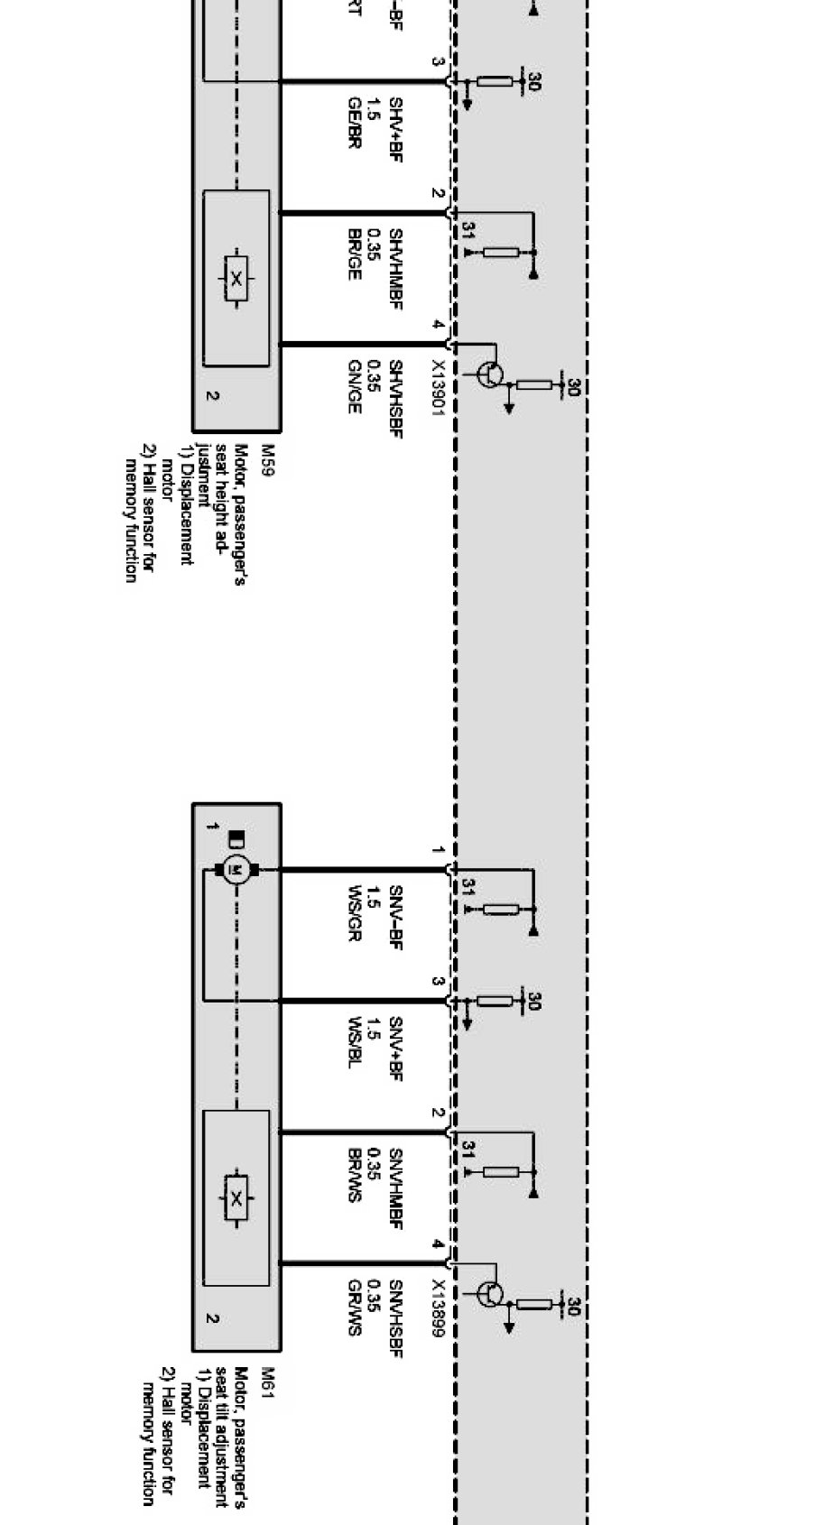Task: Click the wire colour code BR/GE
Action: point(354,254)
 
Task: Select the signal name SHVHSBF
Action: point(395,398)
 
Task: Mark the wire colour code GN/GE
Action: point(354,388)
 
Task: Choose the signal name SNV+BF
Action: point(395,1048)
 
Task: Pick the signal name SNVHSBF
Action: point(395,1318)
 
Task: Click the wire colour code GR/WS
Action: point(354,1308)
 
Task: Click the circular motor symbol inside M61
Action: point(237,870)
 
